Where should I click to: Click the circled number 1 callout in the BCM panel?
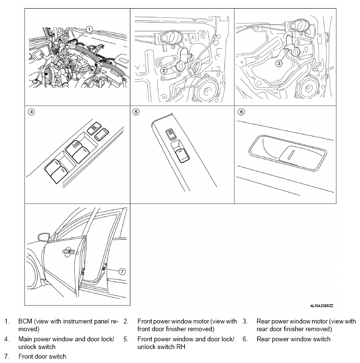click(x=89, y=29)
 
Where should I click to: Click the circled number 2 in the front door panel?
click(x=164, y=70)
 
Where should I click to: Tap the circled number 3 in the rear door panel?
click(x=278, y=63)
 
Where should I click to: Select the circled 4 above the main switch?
click(x=31, y=112)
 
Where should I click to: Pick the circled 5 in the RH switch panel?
click(x=136, y=112)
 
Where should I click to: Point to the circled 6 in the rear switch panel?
click(x=241, y=112)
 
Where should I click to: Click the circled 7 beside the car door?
click(x=122, y=271)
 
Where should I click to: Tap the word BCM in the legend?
click(x=25, y=321)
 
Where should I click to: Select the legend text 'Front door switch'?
click(x=42, y=356)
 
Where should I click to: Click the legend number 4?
click(x=7, y=339)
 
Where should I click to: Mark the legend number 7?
click(x=7, y=356)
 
